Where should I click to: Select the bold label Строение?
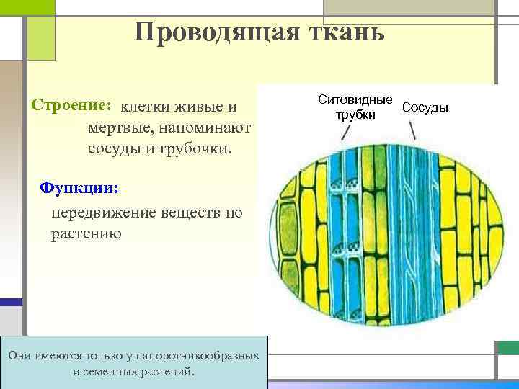coord(71,105)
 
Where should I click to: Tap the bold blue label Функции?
coord(79,187)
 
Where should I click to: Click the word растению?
coord(86,234)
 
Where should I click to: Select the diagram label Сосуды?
coord(425,107)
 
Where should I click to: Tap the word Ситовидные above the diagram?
coord(355,99)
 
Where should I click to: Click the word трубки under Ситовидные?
coord(355,115)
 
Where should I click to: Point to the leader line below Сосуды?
coord(412,130)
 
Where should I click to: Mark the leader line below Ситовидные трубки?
coord(347,132)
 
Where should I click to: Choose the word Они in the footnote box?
coord(19,356)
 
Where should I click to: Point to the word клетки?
coord(145,107)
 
